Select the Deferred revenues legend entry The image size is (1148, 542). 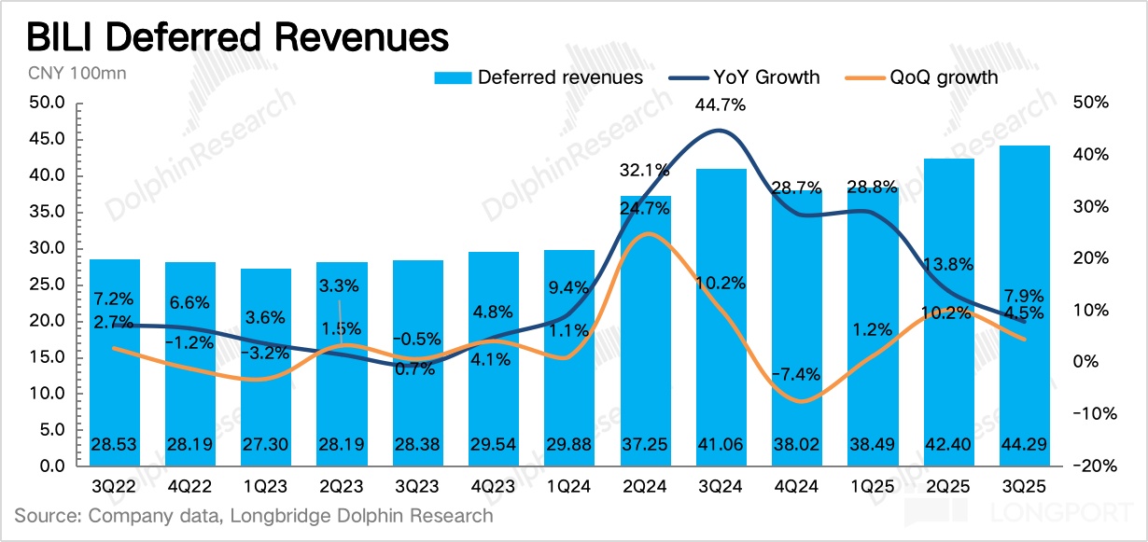pyautogui.click(x=539, y=76)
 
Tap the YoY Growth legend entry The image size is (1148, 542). pyautogui.click(x=746, y=76)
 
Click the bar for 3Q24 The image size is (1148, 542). pyautogui.click(x=721, y=317)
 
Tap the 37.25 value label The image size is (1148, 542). pyautogui.click(x=646, y=447)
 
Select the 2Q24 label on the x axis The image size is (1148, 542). pyautogui.click(x=646, y=487)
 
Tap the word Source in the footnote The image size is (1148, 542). pyautogui.click(x=42, y=515)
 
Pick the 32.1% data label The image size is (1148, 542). pyautogui.click(x=646, y=171)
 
